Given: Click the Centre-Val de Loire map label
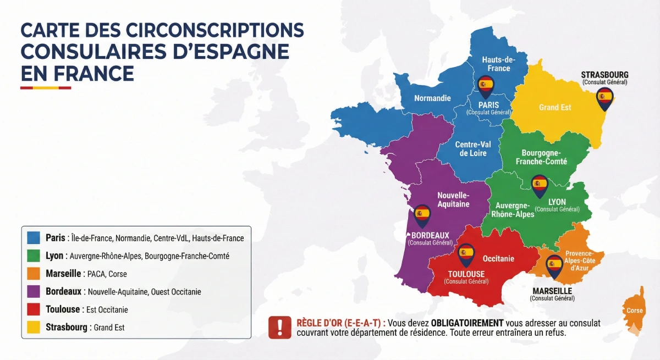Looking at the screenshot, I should (x=473, y=149).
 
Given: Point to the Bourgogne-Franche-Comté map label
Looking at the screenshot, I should (x=541, y=157).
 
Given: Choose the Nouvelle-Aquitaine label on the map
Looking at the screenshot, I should (x=453, y=200).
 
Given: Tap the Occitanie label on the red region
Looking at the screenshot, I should (x=498, y=258).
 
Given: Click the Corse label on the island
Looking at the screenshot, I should (x=634, y=311).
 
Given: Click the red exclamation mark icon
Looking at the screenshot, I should (x=280, y=327).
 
